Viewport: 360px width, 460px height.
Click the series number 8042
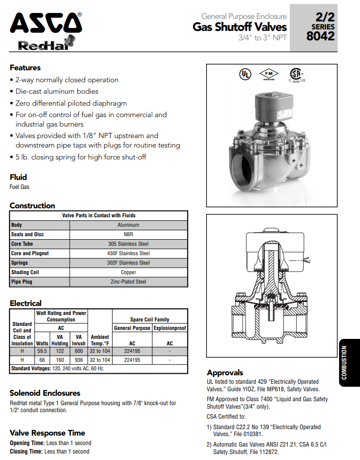tap(321, 36)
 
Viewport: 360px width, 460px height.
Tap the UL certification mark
tap(245, 74)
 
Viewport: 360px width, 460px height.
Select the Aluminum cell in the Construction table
tap(128, 225)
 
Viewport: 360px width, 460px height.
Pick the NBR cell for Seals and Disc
tap(128, 235)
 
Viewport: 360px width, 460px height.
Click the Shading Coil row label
tap(25, 273)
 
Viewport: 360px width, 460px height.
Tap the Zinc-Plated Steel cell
tap(128, 282)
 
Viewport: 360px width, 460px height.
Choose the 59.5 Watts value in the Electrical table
tap(42, 351)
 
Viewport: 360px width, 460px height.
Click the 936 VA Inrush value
tap(78, 360)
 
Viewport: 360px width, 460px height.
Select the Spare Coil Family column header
tap(149, 319)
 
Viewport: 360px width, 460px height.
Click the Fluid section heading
tap(18, 177)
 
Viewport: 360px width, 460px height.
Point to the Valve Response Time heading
tap(47, 433)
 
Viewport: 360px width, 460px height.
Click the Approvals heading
tap(225, 373)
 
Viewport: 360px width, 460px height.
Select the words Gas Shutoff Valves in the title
tap(240, 27)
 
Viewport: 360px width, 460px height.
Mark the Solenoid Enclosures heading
tap(45, 393)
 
